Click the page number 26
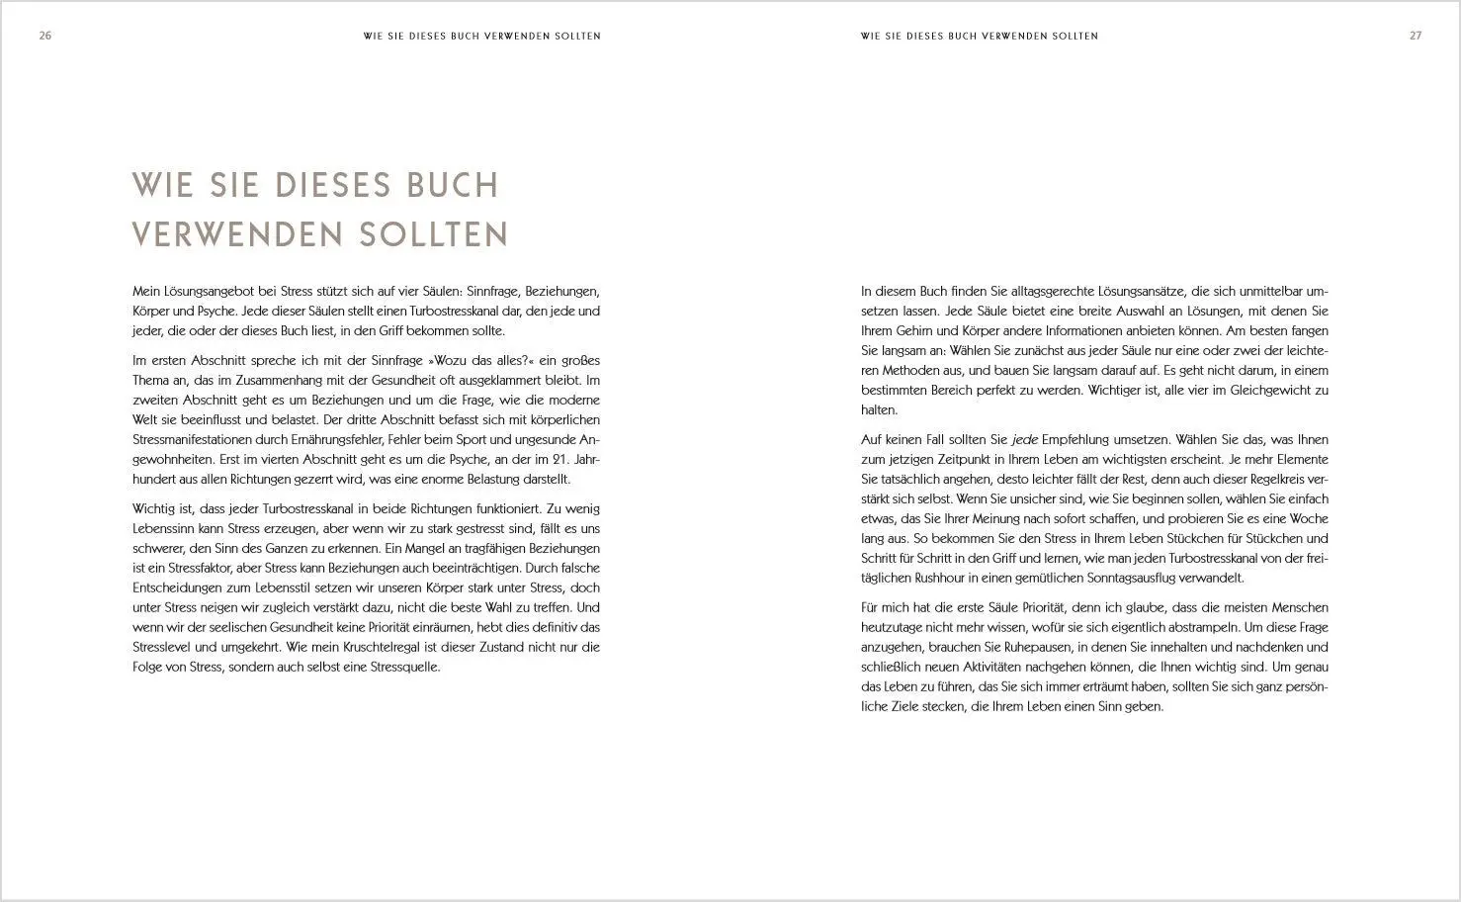pyautogui.click(x=44, y=36)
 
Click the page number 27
pyautogui.click(x=1416, y=36)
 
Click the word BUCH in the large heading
pyautogui.click(x=455, y=185)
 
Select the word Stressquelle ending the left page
pyautogui.click(x=400, y=668)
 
